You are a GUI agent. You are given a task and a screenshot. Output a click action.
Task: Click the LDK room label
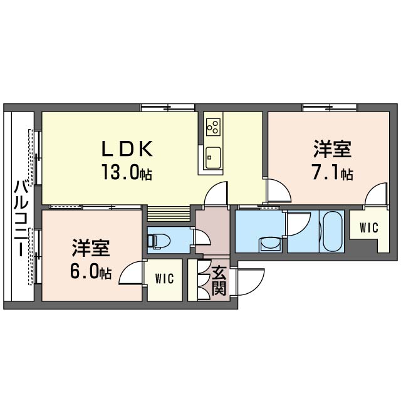127,148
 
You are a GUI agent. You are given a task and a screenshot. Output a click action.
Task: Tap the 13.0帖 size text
127,172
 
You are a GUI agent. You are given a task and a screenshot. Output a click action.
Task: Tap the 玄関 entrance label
219,281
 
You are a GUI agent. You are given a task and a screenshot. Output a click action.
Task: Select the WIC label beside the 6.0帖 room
164,278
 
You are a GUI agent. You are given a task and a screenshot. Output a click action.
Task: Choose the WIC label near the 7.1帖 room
369,227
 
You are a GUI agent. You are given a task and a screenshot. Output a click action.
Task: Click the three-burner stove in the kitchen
213,127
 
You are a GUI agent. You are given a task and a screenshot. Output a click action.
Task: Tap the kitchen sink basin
213,158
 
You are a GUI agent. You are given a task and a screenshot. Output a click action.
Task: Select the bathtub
332,231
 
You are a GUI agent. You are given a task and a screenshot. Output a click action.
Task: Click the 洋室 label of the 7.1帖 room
333,148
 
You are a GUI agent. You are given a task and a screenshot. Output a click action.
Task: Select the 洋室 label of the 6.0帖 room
91,247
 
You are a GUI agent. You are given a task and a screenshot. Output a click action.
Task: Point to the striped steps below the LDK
169,214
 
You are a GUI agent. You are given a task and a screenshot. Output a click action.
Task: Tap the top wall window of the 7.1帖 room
330,107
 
